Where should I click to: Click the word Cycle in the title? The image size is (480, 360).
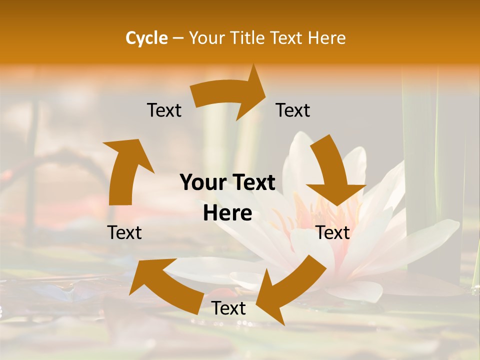coord(146,38)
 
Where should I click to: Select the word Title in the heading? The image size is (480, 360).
coord(250,38)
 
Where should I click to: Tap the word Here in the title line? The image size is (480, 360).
coord(327,38)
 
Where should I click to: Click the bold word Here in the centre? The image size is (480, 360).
coord(227,213)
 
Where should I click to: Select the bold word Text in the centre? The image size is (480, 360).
coord(252,183)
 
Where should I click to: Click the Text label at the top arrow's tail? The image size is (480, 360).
coord(164,110)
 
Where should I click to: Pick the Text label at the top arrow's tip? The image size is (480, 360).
coord(293,110)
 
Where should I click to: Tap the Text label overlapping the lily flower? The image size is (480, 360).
coord(332,232)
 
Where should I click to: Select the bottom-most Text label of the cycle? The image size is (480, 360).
coord(228,308)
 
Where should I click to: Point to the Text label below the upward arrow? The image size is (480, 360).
coord(124,232)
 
